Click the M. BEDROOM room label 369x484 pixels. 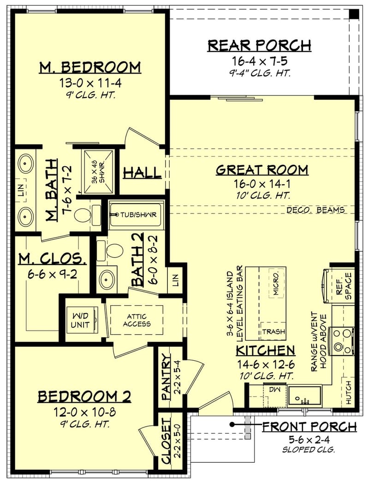(x=89, y=67)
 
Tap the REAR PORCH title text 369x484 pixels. (x=259, y=46)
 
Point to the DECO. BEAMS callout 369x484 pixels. (x=315, y=210)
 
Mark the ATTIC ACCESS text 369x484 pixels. (x=137, y=320)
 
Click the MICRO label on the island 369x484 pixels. (x=275, y=284)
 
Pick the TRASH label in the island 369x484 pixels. (x=274, y=332)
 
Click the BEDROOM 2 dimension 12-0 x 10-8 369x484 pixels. (x=84, y=411)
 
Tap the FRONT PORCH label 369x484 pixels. (x=309, y=427)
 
